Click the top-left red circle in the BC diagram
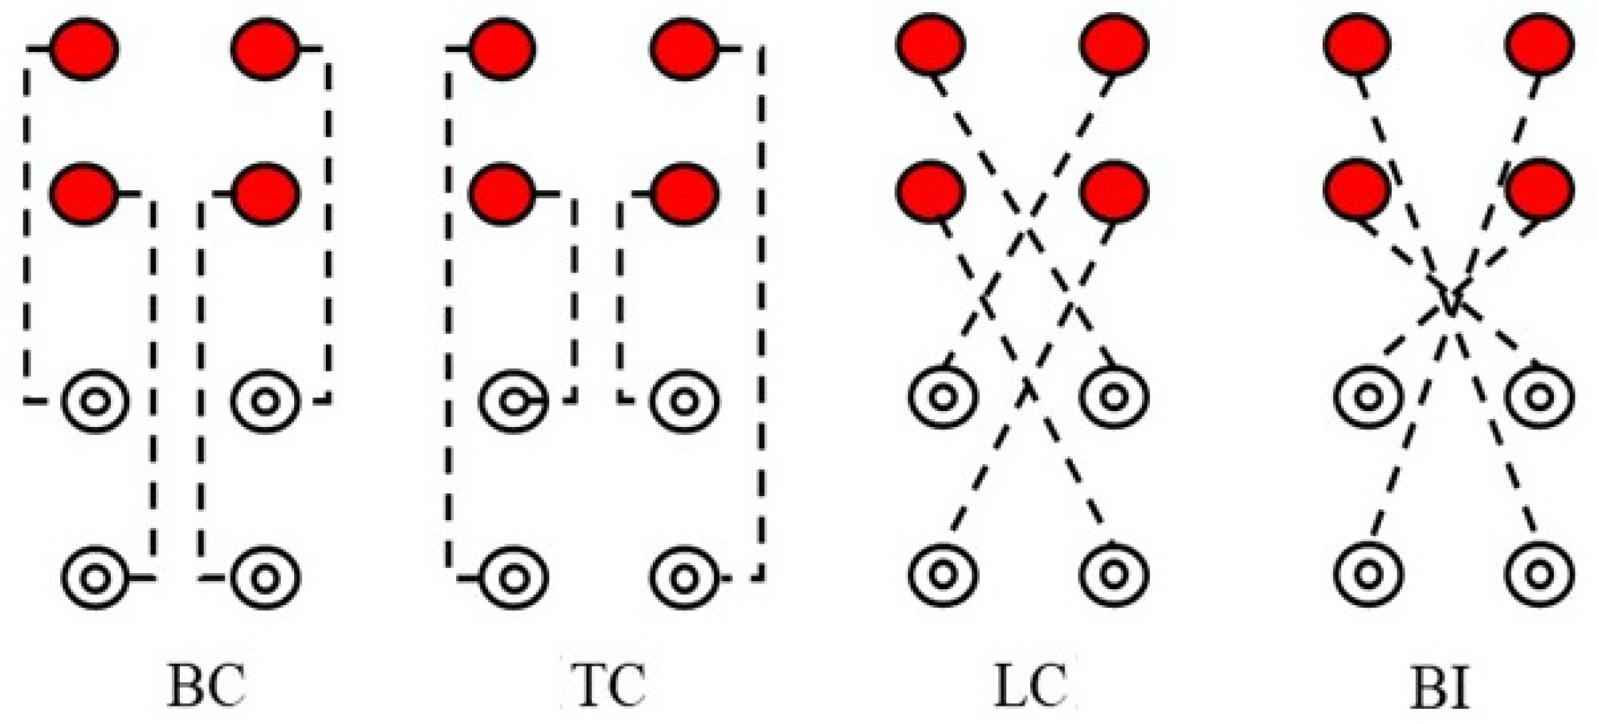84,48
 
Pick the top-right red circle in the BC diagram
266,48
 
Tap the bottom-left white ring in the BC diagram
96,577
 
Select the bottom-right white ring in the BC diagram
266,577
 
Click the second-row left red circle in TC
501,193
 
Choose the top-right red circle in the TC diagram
683,48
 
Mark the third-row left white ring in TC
513,401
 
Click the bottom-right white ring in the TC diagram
683,577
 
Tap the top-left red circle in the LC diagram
930,44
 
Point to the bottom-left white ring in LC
944,574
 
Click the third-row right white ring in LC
1114,396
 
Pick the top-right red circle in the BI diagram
1539,44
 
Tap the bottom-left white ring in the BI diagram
1369,574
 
